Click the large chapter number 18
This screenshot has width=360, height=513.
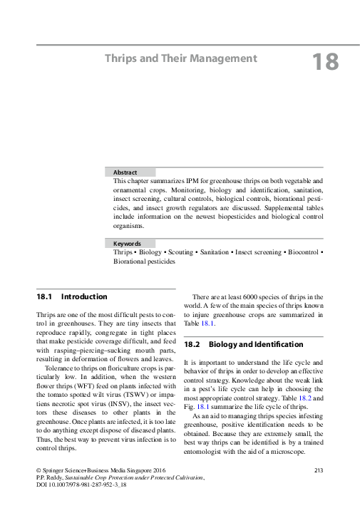point(325,62)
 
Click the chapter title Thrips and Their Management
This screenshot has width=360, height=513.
point(180,58)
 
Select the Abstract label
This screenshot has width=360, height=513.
point(125,172)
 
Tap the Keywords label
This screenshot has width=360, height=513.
point(128,244)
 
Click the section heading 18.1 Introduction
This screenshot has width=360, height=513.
point(72,296)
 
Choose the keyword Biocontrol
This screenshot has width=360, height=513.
point(302,253)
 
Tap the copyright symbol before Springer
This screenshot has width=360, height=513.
point(39,471)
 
